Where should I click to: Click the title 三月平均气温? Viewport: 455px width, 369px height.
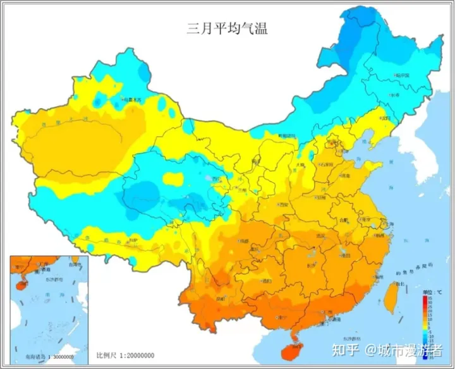(x=227, y=27)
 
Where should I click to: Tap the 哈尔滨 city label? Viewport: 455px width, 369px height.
(x=403, y=75)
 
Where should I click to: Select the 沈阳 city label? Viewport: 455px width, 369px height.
(x=385, y=118)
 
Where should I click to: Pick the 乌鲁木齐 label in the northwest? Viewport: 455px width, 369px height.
(x=134, y=99)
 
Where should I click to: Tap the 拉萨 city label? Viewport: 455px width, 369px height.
(x=132, y=241)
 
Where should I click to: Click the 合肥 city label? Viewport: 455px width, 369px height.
(x=344, y=220)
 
